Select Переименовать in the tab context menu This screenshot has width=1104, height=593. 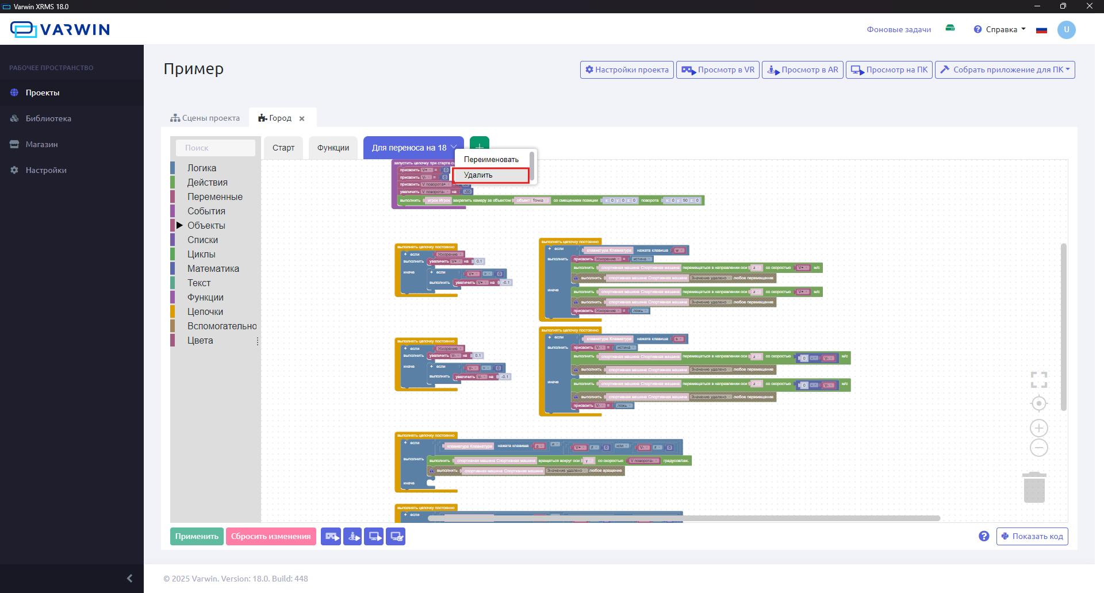click(x=491, y=160)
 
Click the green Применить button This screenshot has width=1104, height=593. click(x=197, y=536)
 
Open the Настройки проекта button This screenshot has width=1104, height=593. click(x=627, y=70)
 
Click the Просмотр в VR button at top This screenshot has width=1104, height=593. click(x=718, y=70)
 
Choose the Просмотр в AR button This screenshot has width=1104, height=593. click(x=803, y=70)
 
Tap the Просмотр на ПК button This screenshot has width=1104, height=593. click(x=889, y=70)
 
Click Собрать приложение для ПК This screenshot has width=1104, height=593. click(x=1004, y=70)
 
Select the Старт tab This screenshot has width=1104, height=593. click(x=283, y=148)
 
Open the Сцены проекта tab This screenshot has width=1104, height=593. click(x=205, y=118)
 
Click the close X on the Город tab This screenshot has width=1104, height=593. click(x=302, y=118)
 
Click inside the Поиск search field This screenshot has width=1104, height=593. click(x=216, y=148)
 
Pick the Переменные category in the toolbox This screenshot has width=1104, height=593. click(x=214, y=197)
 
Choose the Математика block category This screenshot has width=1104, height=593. click(x=213, y=268)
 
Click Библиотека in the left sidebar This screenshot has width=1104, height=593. click(x=48, y=118)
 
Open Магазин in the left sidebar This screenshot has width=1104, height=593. click(x=41, y=144)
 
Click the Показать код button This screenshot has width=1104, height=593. click(x=1032, y=536)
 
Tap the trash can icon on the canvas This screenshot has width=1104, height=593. click(x=1034, y=488)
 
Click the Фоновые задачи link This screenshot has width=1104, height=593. click(x=899, y=29)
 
